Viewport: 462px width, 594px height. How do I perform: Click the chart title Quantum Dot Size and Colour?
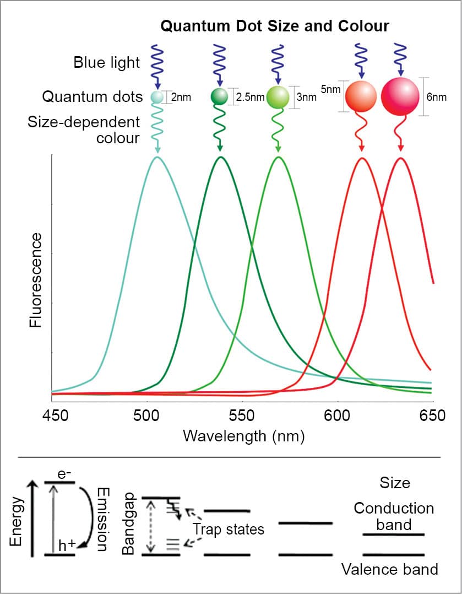tap(275, 26)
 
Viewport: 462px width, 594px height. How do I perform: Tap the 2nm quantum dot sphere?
tap(157, 98)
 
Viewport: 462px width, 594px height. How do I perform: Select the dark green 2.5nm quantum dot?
tap(219, 97)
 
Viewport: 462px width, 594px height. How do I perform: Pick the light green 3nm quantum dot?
tap(278, 98)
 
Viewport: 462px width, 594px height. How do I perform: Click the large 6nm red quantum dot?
tap(400, 96)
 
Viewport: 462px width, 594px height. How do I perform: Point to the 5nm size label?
tap(330, 88)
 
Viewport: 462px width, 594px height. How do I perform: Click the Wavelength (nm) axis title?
tap(243, 436)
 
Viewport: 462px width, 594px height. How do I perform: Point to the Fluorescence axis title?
tap(36, 279)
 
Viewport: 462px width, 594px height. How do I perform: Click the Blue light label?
tap(107, 62)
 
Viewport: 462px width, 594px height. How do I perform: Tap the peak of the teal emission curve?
tap(157, 157)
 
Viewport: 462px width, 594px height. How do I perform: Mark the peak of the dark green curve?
tap(221, 157)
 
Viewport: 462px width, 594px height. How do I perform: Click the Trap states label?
tap(229, 530)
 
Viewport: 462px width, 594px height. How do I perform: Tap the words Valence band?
tap(389, 569)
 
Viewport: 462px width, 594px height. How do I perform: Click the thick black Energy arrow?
tap(34, 518)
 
